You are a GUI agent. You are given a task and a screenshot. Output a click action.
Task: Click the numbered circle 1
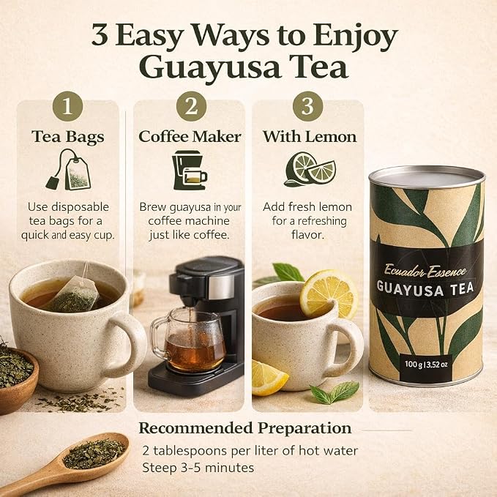(67, 106)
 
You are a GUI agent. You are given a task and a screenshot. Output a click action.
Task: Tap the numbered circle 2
(191, 106)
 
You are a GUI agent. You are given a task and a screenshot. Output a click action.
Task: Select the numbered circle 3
(307, 106)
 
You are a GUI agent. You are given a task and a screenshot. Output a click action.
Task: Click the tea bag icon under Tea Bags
(69, 170)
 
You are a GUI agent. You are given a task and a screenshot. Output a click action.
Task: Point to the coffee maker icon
(190, 171)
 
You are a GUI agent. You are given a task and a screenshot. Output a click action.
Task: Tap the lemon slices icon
(310, 169)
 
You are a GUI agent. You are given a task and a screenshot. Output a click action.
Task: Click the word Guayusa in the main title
(210, 67)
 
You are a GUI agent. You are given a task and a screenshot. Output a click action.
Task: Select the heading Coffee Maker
(190, 137)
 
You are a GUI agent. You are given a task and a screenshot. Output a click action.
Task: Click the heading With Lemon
(310, 137)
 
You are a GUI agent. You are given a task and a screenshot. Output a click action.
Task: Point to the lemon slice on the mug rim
(328, 294)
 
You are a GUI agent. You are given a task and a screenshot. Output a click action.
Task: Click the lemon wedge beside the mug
(269, 378)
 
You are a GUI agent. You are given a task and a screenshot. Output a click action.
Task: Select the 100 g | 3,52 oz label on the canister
(426, 365)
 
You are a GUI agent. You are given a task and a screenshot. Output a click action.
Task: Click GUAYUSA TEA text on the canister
(425, 288)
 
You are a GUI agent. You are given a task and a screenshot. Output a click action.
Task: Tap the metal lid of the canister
(427, 177)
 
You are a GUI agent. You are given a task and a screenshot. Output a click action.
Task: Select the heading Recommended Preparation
(245, 428)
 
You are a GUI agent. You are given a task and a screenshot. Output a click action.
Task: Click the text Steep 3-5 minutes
(198, 468)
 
